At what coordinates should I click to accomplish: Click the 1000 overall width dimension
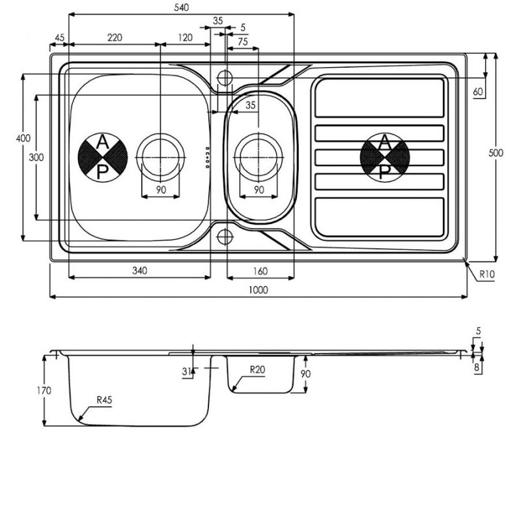(258, 290)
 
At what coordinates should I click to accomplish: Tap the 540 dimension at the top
(182, 7)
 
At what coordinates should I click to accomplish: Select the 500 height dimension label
(496, 153)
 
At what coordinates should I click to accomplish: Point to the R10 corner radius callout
(486, 274)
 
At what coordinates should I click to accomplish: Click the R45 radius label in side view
(104, 400)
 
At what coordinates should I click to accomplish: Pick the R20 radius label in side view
(257, 369)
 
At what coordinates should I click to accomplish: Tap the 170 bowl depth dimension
(44, 390)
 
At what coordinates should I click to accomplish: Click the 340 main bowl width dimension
(139, 271)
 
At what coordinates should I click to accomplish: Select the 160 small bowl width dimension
(260, 271)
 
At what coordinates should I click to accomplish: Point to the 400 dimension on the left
(23, 138)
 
